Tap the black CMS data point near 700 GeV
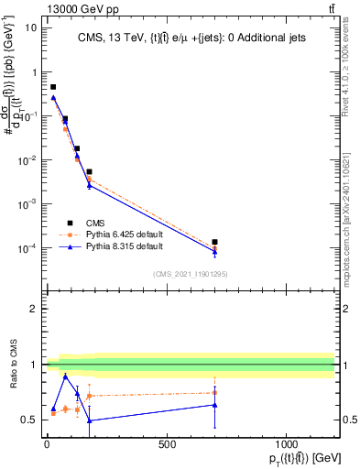pyautogui.click(x=214, y=243)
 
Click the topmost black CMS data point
pyautogui.click(x=53, y=87)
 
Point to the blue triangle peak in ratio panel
pyautogui.click(x=65, y=376)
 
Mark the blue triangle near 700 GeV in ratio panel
pyautogui.click(x=214, y=405)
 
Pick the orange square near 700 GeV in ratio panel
pyautogui.click(x=214, y=393)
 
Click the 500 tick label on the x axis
pyautogui.click(x=167, y=444)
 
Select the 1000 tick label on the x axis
pyautogui.click(x=287, y=444)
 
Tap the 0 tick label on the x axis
pyautogui.click(x=47, y=444)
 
